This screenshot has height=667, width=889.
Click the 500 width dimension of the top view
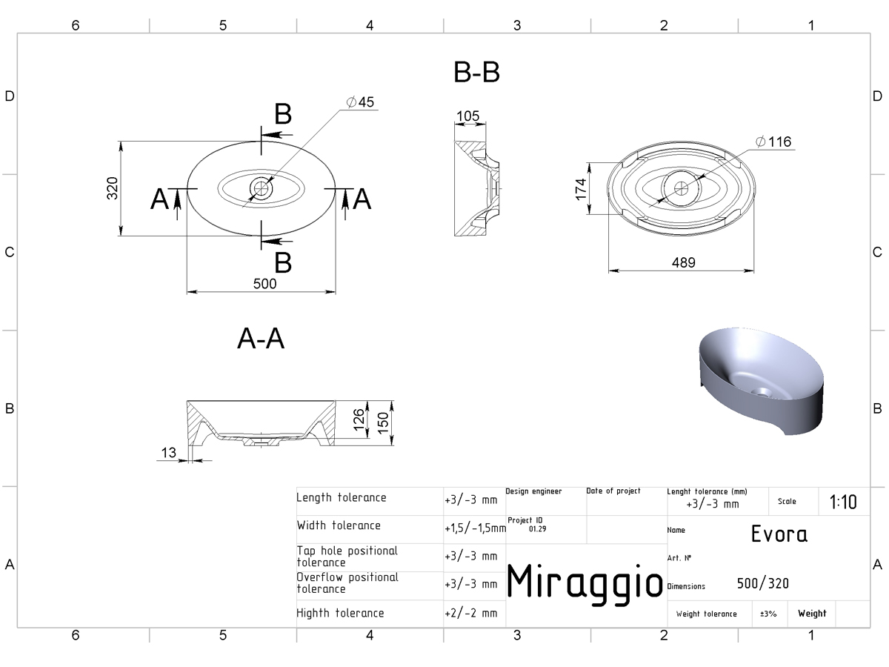click(x=265, y=284)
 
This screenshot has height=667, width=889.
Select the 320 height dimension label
click(x=112, y=188)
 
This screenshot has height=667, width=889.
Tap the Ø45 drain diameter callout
click(x=360, y=102)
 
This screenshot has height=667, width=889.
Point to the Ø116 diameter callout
click(x=773, y=142)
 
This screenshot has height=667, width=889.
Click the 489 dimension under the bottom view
click(x=684, y=263)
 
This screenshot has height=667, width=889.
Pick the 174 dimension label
click(x=581, y=189)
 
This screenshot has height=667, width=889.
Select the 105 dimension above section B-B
click(x=467, y=116)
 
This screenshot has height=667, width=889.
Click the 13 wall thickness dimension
click(x=168, y=452)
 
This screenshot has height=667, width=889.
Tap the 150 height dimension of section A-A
click(x=383, y=423)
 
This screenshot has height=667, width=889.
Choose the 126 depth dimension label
click(x=359, y=419)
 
